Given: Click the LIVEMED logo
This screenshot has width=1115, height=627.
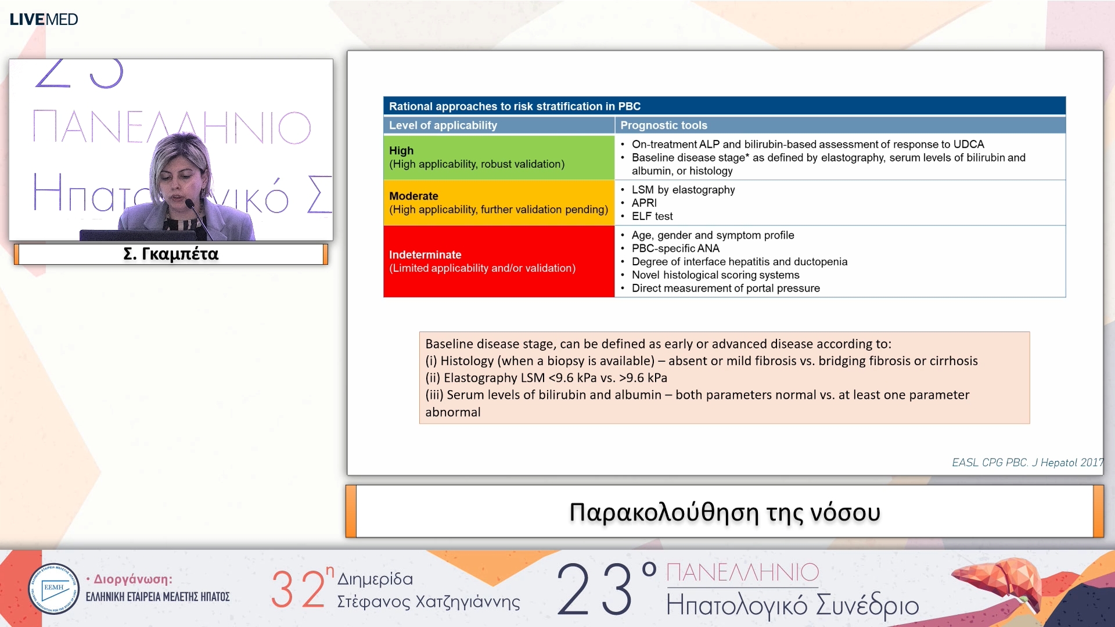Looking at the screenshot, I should pos(44,19).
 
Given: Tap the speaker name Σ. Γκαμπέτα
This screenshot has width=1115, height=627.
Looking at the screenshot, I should pos(171,254).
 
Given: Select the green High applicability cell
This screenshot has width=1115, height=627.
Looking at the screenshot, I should pos(498,157).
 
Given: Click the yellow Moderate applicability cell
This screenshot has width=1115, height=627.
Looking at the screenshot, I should pos(498,203).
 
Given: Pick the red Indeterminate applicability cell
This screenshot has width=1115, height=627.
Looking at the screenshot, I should pos(498,261).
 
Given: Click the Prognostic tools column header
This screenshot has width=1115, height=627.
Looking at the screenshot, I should pos(663,125).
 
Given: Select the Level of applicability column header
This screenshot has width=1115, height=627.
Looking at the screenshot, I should pos(443,125).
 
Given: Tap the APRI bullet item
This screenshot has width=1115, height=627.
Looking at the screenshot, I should pos(643,203).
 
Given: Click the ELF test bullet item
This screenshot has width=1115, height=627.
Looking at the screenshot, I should pos(652,216).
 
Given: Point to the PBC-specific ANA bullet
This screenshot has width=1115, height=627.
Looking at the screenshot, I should pos(675,248).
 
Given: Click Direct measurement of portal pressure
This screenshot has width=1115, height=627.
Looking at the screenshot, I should pos(725,289).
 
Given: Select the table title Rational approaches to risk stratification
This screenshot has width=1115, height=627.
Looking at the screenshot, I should pos(515,106).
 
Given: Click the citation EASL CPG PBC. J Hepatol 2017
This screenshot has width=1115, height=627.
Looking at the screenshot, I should pos(1027,463).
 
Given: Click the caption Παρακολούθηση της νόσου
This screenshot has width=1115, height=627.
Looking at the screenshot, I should pos(724,512).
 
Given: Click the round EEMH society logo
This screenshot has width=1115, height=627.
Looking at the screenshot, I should pos(53,589).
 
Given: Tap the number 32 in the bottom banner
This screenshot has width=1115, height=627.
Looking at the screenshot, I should pos(297,589).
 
